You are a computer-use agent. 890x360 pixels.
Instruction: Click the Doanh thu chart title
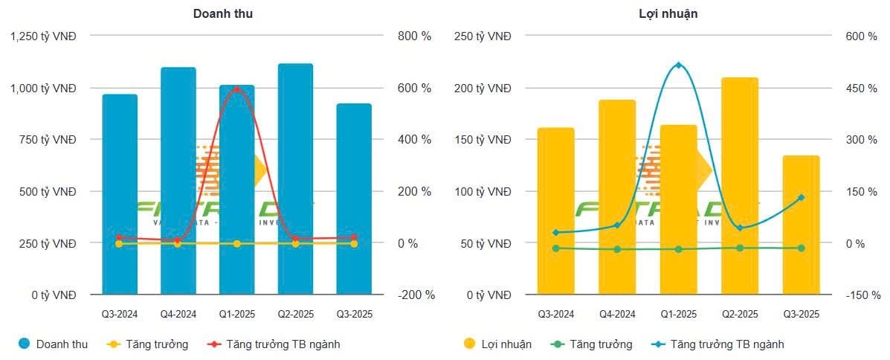[223, 14]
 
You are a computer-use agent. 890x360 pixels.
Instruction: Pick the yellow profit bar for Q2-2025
[740, 186]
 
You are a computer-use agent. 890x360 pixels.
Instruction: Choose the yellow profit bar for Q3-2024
[556, 211]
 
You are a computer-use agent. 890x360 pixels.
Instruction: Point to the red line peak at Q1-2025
[236, 89]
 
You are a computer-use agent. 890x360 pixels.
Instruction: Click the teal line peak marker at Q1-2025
[678, 65]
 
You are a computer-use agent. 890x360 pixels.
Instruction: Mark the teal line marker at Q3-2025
[801, 198]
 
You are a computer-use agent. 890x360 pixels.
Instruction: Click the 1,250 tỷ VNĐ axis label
[44, 36]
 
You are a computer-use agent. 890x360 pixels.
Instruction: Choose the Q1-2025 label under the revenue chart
[236, 314]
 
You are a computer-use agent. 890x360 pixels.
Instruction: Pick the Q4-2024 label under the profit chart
[617, 314]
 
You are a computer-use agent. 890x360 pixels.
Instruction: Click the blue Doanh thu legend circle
[23, 344]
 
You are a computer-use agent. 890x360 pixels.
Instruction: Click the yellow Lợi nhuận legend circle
[469, 344]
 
